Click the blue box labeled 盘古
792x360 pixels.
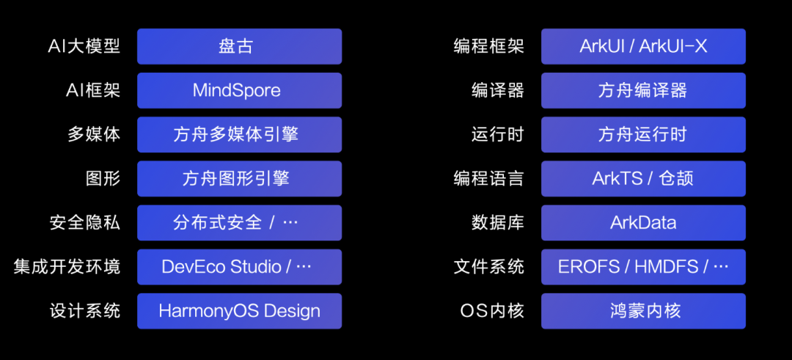[239, 46]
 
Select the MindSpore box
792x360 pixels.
[239, 90]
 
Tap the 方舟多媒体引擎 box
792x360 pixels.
[239, 134]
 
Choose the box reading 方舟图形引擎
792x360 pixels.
[239, 178]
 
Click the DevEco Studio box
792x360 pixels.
[239, 266]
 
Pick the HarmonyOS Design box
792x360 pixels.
[239, 310]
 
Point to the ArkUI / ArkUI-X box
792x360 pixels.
[643, 46]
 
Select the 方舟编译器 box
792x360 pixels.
[643, 90]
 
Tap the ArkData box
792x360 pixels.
[643, 222]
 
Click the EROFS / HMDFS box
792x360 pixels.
[643, 266]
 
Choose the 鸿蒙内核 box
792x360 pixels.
[643, 310]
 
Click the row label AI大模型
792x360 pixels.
[84, 46]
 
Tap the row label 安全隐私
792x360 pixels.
[84, 222]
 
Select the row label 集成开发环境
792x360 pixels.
[67, 266]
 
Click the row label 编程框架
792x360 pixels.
[489, 46]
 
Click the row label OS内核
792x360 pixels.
[492, 310]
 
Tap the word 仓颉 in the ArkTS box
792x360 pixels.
[675, 178]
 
